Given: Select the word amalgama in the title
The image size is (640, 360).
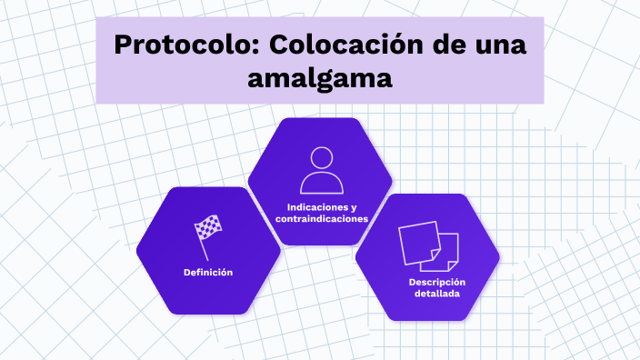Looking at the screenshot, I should (320, 78).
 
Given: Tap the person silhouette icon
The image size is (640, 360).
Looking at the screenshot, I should (320, 169).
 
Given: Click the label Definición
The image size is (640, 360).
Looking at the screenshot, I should (208, 273).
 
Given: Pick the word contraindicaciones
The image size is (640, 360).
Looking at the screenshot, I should (321, 218).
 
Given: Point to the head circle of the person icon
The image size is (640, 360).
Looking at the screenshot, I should (321, 158).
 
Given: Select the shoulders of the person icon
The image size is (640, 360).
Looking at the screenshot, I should (320, 182).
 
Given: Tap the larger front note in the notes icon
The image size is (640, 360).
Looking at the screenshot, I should (419, 241).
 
